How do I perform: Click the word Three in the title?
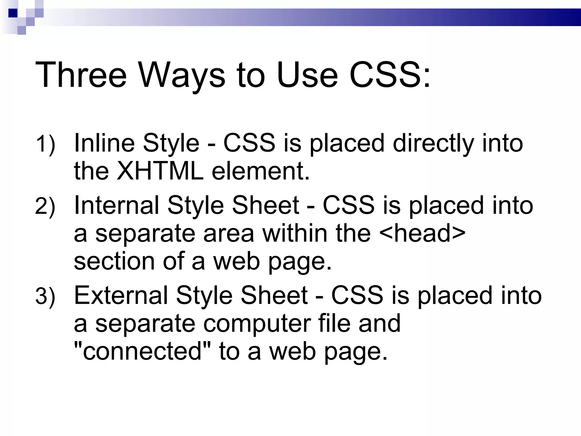coord(81,75)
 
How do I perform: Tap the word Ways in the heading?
coord(182,75)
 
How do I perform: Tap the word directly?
coord(433,143)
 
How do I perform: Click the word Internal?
coord(117,205)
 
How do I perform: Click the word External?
coord(121,295)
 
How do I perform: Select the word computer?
coord(256,324)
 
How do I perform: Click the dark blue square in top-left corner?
coord(13,13)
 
